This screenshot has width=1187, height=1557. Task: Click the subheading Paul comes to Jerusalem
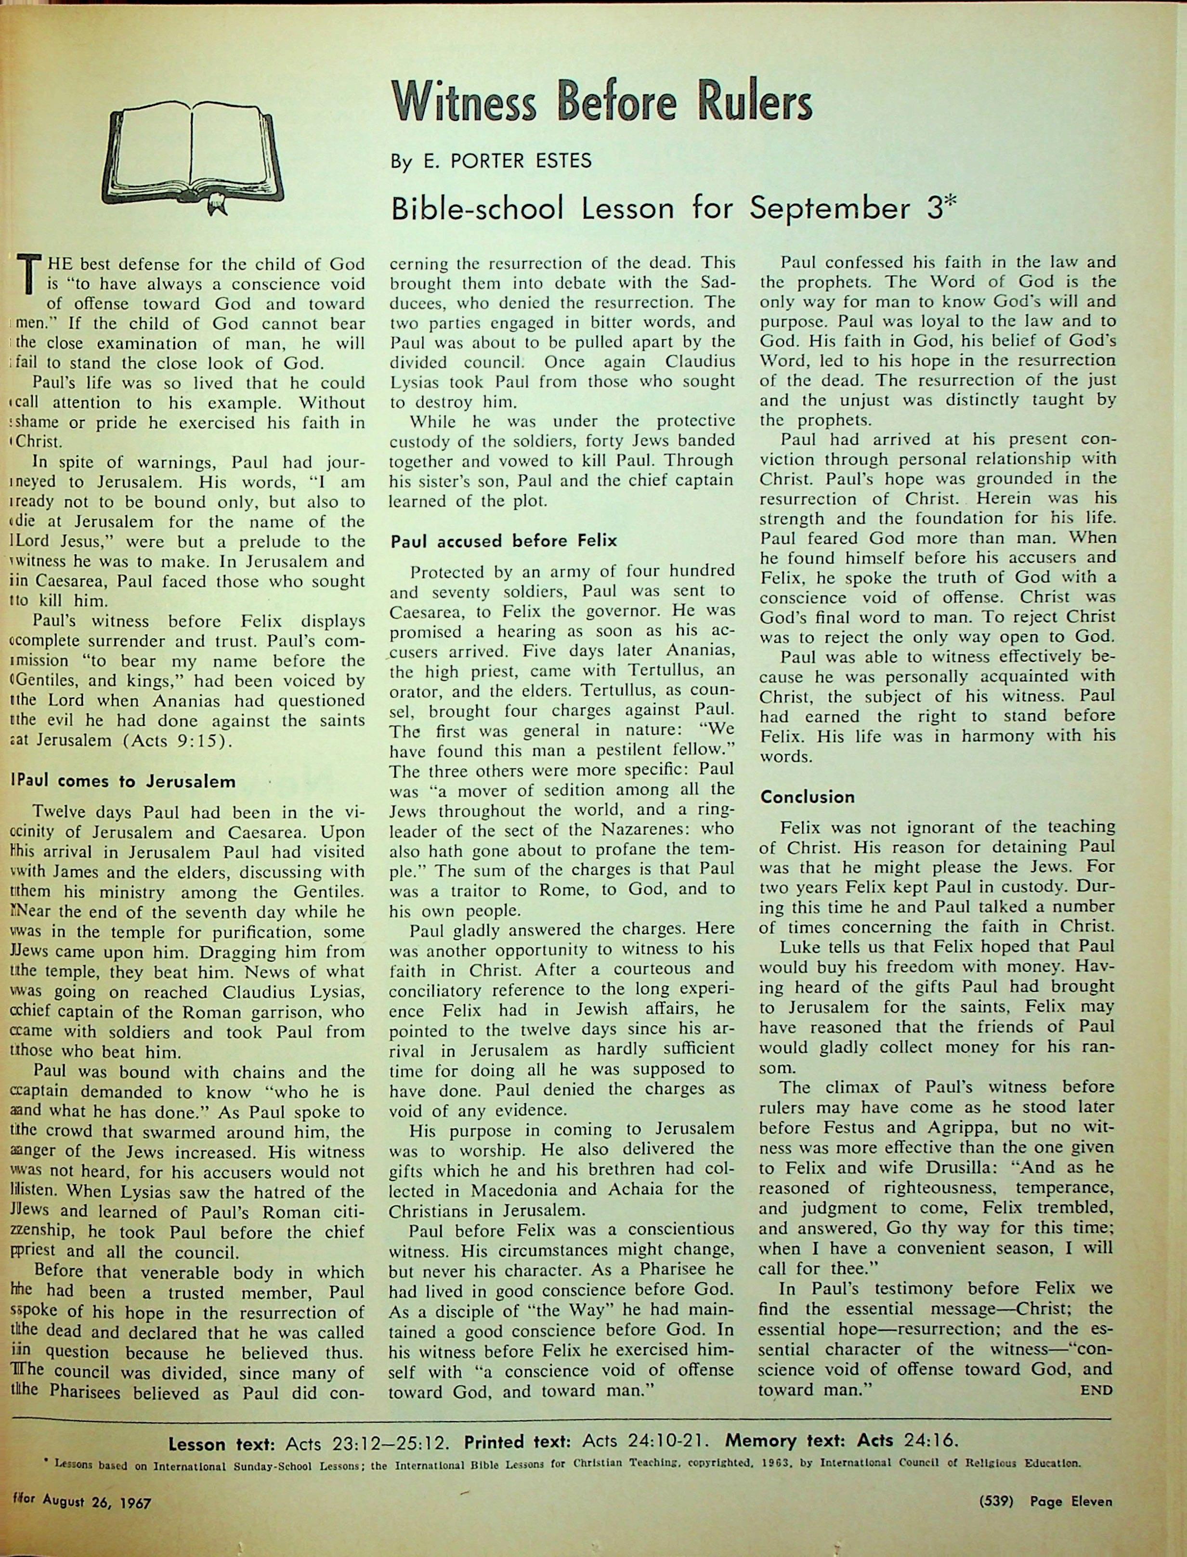[124, 782]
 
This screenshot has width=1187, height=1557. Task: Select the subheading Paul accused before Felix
[504, 541]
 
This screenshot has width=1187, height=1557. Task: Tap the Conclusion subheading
[808, 797]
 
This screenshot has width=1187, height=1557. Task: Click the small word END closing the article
[1096, 1391]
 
